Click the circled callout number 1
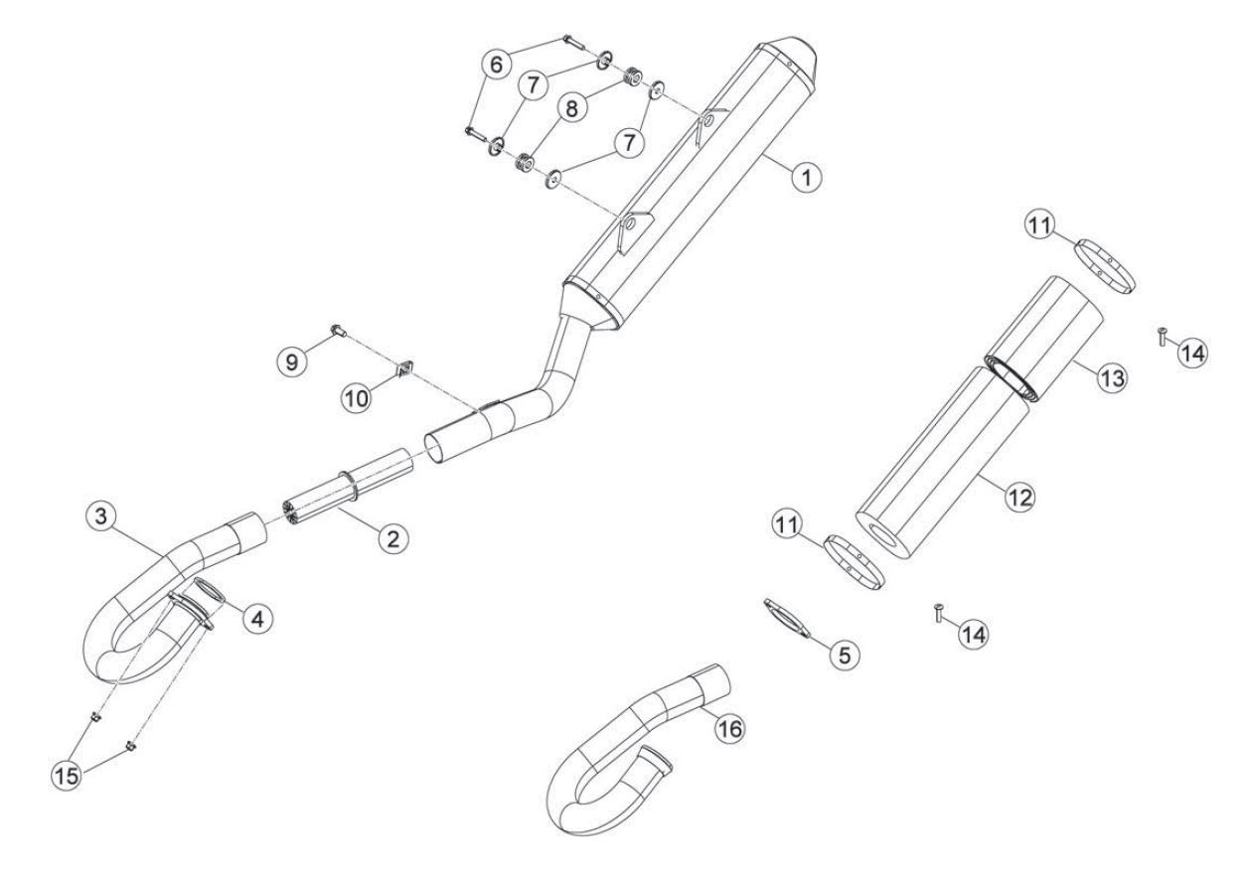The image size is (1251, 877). (x=807, y=177)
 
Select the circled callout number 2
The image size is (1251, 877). (x=393, y=538)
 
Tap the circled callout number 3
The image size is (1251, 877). (x=101, y=515)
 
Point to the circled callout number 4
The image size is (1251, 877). (x=257, y=618)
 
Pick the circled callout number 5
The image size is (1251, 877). (x=845, y=655)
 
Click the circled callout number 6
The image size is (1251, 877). (x=496, y=65)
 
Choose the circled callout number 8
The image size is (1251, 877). (x=571, y=109)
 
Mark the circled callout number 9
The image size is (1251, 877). (x=292, y=363)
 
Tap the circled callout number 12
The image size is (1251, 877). (x=1019, y=497)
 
